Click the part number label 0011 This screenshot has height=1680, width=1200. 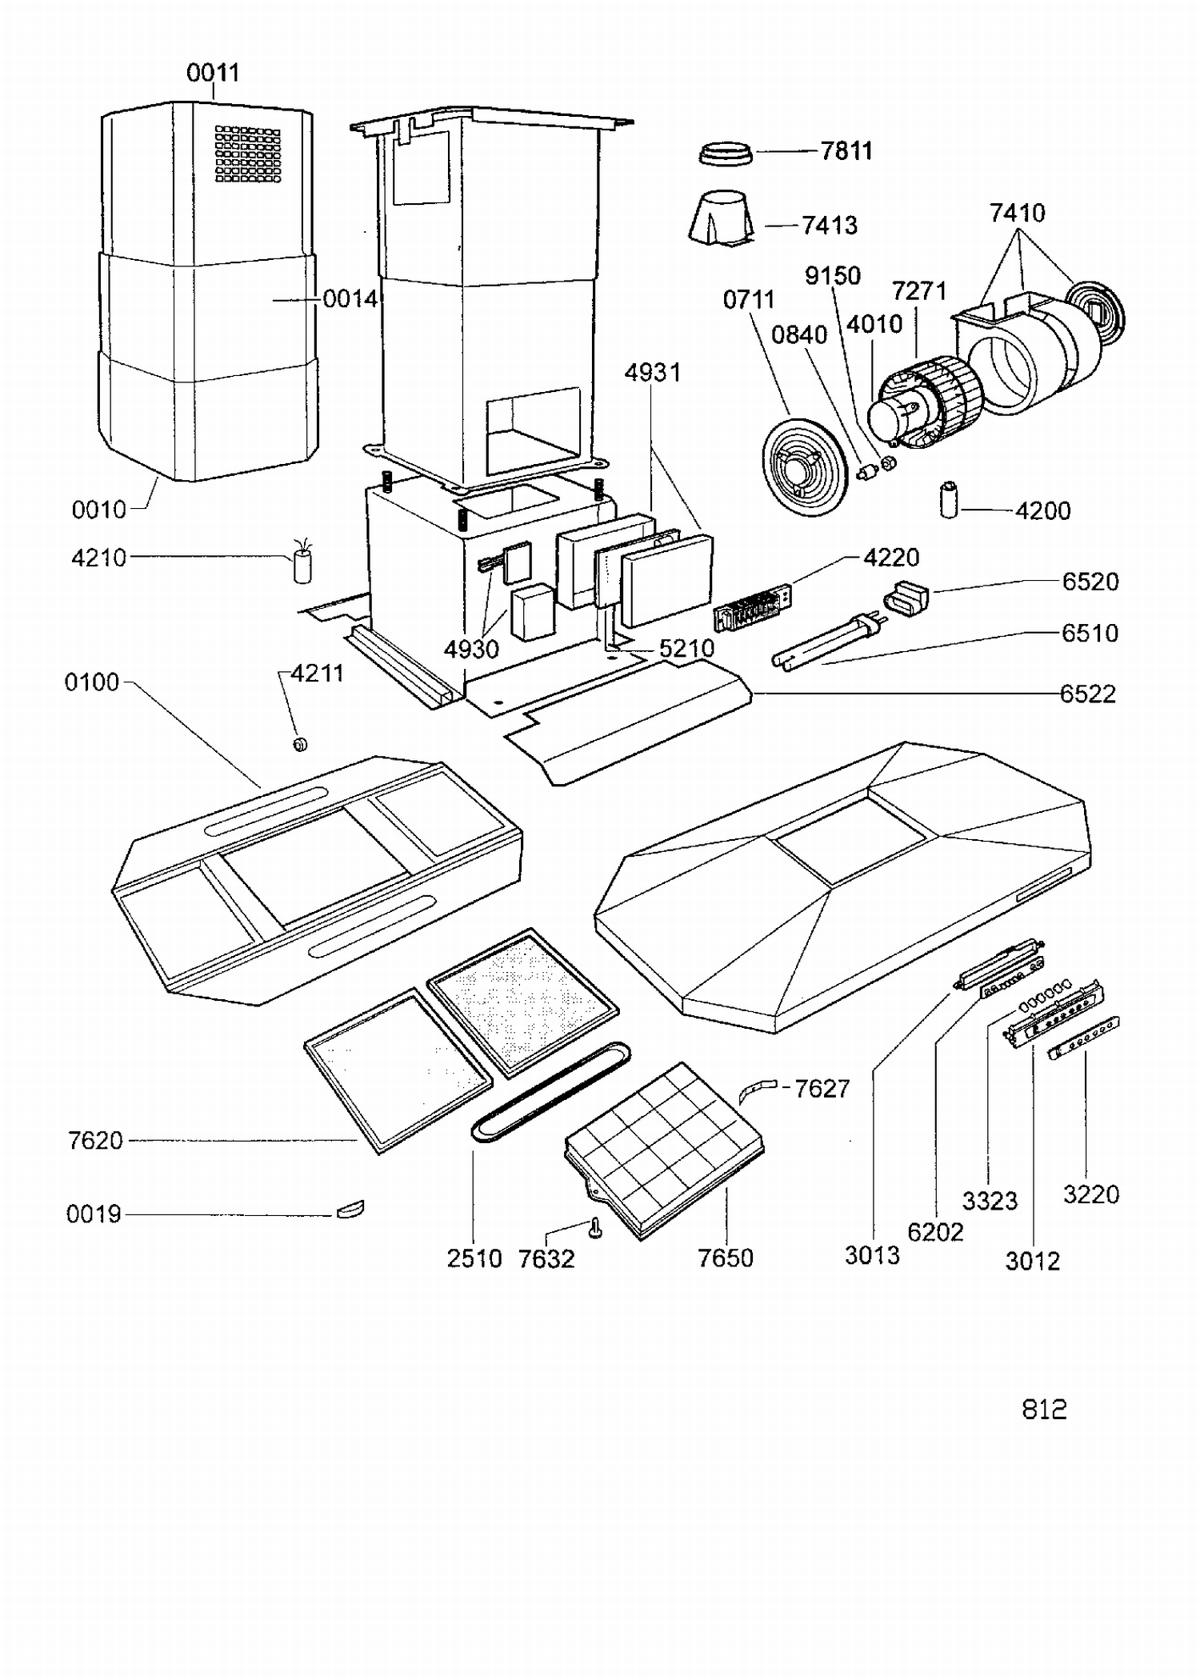coord(213,73)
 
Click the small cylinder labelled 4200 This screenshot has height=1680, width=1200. coord(949,499)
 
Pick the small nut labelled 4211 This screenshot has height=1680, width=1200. coord(301,745)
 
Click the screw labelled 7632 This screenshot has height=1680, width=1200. coord(595,1228)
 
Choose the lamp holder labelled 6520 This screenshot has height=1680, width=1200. coord(906,596)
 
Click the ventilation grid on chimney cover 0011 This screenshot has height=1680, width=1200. coord(248,154)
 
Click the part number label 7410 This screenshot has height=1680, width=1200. coord(1017,213)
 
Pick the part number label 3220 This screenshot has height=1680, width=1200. coord(1090,1194)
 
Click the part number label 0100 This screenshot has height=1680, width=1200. coord(92,682)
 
